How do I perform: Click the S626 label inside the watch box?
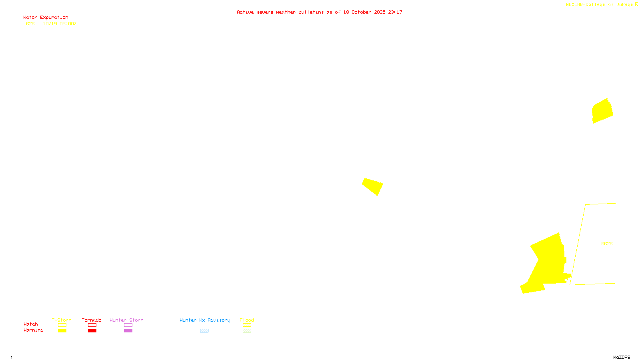point(607,244)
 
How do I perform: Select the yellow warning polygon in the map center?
point(373,186)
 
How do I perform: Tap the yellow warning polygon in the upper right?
point(602,111)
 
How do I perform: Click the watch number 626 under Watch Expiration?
point(30,24)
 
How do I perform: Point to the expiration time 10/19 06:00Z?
point(60,24)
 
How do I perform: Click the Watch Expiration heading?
point(46,18)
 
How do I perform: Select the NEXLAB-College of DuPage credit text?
point(599,5)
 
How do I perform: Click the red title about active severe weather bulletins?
point(320,12)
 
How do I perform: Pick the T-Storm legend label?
point(62,320)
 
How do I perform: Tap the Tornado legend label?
point(92,320)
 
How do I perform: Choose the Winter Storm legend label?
point(126,320)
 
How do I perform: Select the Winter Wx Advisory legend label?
point(205,320)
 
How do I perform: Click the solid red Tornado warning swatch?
point(92,331)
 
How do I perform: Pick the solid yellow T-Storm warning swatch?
point(62,331)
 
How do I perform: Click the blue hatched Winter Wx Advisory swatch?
point(204,331)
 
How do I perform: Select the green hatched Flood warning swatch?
point(247,331)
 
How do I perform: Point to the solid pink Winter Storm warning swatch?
point(128,331)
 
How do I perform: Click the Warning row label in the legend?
point(33,330)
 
